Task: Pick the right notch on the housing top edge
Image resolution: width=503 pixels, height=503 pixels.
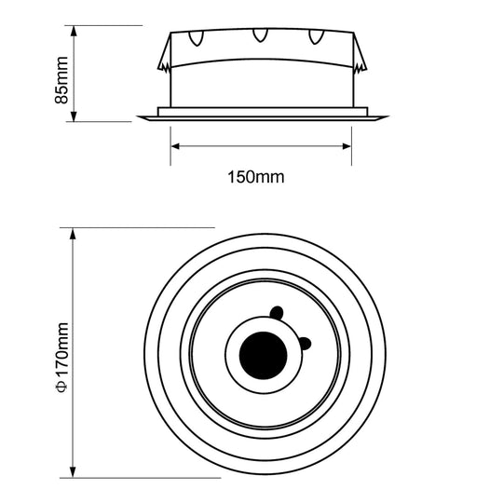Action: [x=321, y=39]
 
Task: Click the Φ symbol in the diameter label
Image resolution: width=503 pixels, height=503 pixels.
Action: [x=62, y=384]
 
